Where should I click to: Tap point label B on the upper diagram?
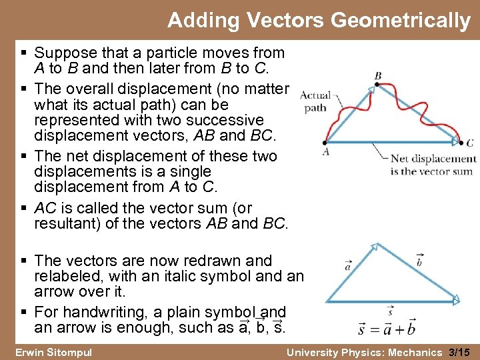(x=378, y=76)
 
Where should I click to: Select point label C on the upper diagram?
(x=470, y=142)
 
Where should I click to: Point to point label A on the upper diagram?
(x=325, y=151)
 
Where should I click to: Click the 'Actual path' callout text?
(x=315, y=101)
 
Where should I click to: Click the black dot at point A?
(x=325, y=141)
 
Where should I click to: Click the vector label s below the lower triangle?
(x=390, y=310)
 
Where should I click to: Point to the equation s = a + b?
(x=387, y=329)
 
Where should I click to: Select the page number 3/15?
(x=459, y=351)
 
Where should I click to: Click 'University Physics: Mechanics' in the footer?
(x=363, y=351)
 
